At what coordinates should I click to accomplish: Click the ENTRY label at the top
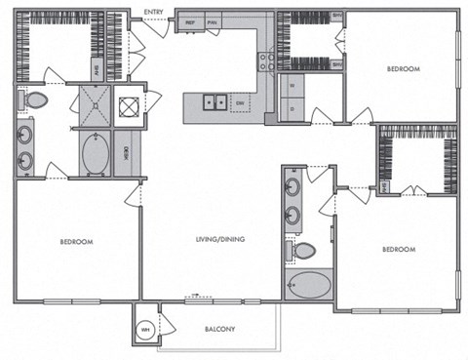pyautogui.click(x=153, y=12)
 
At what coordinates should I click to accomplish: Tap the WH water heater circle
pyautogui.click(x=144, y=328)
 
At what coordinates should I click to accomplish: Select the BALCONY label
pyautogui.click(x=219, y=329)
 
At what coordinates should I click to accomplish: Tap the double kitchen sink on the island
pyautogui.click(x=214, y=100)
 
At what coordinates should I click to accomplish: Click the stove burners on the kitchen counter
pyautogui.click(x=263, y=61)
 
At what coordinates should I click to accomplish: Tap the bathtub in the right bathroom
pyautogui.click(x=308, y=287)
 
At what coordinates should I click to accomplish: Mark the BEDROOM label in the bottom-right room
pyautogui.click(x=399, y=250)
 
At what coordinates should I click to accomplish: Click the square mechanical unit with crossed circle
pyautogui.click(x=129, y=107)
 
